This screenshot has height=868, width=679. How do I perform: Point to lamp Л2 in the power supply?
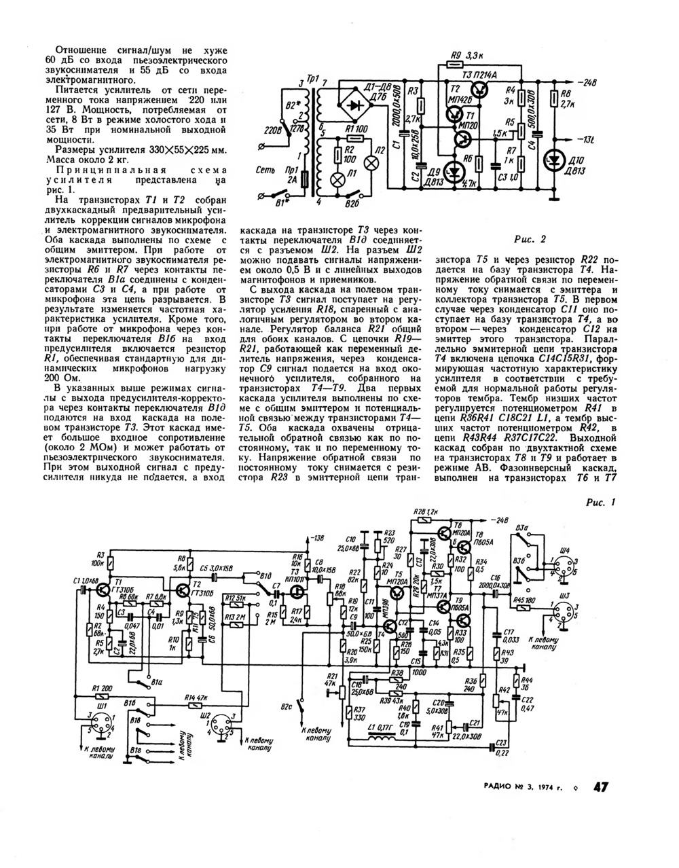(371, 163)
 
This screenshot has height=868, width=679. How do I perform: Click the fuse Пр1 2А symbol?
(304, 179)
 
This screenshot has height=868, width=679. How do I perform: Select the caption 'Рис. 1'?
(599, 503)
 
